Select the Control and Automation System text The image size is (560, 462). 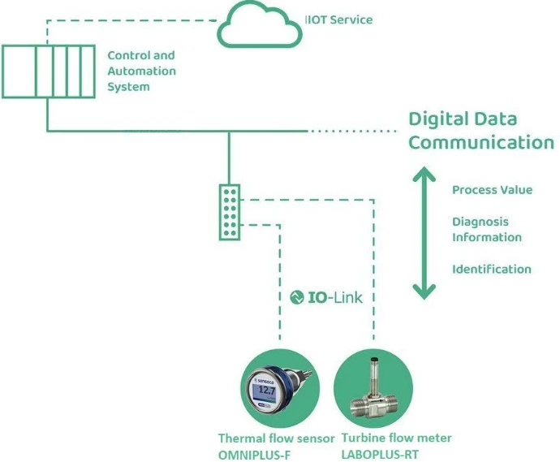click(141, 71)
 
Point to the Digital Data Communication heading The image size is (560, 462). click(480, 131)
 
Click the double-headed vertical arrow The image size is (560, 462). click(420, 232)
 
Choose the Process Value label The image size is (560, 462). click(492, 190)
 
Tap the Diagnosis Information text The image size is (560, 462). click(486, 229)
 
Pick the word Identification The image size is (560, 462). click(491, 269)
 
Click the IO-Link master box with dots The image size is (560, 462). click(230, 212)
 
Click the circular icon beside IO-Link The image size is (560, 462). click(297, 297)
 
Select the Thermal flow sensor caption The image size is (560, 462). click(276, 438)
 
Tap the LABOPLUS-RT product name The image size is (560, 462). click(380, 454)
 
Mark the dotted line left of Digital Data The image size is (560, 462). click(357, 130)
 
